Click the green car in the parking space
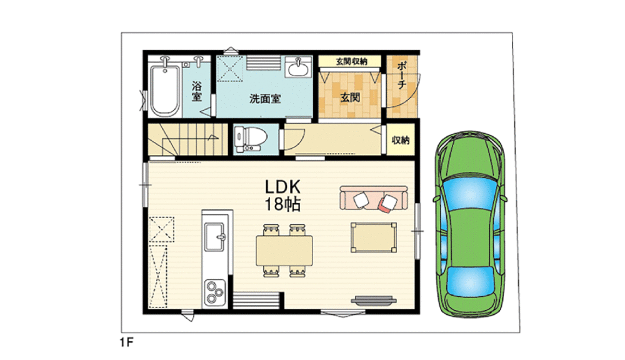(x=471, y=225)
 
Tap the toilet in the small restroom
(x=250, y=139)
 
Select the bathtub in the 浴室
(x=164, y=89)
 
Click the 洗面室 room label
(x=265, y=99)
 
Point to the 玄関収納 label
(x=351, y=61)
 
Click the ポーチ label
(x=401, y=75)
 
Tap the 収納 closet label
(x=400, y=141)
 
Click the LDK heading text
(x=282, y=187)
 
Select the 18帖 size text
(x=282, y=204)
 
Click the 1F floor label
(x=126, y=342)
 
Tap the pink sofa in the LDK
(x=374, y=197)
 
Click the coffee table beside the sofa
(x=374, y=237)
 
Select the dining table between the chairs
(x=284, y=250)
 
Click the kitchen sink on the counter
(x=214, y=237)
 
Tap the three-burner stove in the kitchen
(x=214, y=292)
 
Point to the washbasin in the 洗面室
(x=298, y=67)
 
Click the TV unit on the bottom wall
(x=374, y=300)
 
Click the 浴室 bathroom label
(x=196, y=91)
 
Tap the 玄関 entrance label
(x=351, y=97)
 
